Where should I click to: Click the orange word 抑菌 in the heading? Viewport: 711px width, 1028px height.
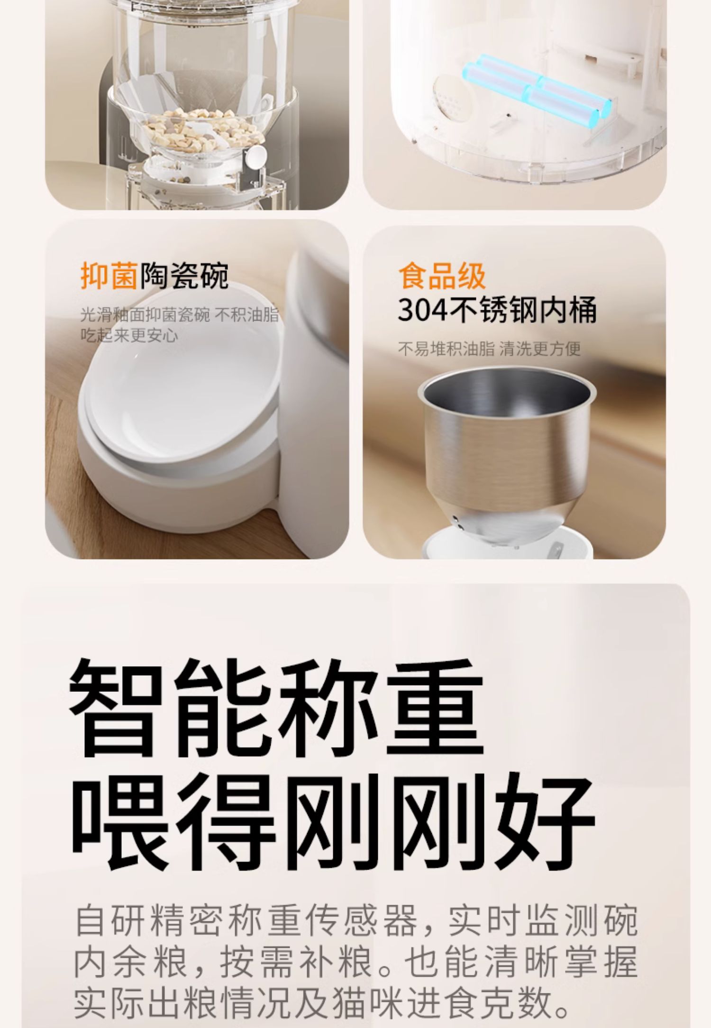[109, 275]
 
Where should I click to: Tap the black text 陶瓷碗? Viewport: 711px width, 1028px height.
[184, 275]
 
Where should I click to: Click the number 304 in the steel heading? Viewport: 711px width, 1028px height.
[422, 311]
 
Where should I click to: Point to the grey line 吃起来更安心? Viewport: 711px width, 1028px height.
[129, 335]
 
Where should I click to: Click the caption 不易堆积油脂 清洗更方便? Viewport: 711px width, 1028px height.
[489, 349]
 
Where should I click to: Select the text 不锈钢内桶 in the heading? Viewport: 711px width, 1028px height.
[521, 311]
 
